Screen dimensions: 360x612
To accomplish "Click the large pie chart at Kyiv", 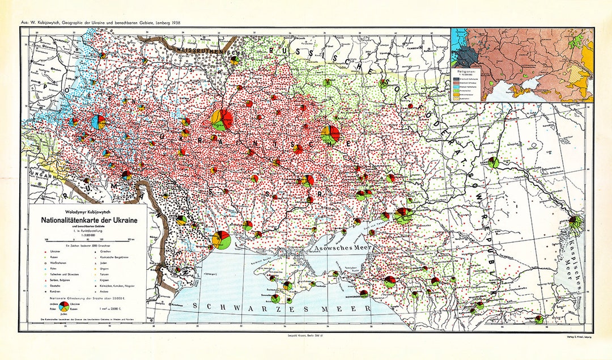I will point(221,120).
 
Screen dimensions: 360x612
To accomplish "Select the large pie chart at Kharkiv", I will point(330,134).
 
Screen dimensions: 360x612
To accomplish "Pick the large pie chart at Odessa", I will point(221,239).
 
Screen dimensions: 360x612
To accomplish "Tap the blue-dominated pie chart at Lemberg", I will point(99,122).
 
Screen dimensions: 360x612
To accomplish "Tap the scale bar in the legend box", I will point(88,239).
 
